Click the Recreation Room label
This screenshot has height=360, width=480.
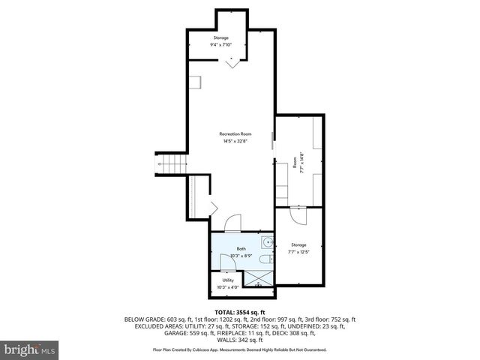(235, 133)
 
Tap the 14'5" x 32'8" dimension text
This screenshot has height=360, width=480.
(235, 141)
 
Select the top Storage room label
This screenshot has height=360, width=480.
(220, 37)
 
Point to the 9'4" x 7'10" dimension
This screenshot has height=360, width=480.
(220, 45)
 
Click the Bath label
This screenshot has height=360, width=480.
(241, 249)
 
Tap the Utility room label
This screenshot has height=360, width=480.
(227, 280)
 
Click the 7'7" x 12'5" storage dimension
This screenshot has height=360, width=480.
(298, 252)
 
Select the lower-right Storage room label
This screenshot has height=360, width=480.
(298, 244)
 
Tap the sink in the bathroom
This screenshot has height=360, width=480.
(267, 243)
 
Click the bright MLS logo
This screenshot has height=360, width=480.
(30, 349)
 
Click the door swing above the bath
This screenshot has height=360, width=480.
(233, 223)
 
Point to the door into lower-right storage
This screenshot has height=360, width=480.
(298, 214)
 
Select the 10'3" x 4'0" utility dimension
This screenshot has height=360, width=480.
(227, 287)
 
